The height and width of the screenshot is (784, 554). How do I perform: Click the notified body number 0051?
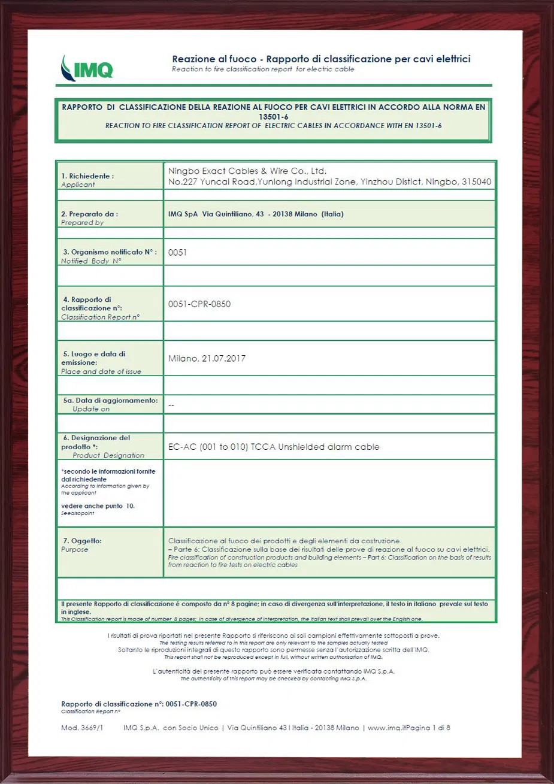click(177, 253)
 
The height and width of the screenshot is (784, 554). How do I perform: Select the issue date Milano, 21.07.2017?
click(207, 359)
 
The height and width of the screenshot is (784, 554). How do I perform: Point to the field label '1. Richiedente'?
click(87, 176)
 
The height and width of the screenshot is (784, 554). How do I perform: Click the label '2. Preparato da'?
click(89, 214)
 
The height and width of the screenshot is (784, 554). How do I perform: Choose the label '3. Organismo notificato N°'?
click(110, 252)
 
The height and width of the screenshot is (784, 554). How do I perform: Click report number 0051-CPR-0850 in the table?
click(199, 304)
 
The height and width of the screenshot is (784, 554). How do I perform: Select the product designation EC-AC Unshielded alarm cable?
click(274, 447)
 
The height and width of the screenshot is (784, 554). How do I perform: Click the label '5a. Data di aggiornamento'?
click(111, 400)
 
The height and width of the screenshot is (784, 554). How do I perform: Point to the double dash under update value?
click(171, 405)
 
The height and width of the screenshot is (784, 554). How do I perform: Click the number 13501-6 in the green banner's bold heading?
click(274, 117)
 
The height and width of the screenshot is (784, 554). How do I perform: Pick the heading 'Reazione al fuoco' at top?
click(214, 59)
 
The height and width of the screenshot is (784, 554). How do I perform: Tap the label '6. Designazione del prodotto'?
click(96, 442)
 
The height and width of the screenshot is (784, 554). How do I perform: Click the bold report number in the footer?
click(191, 704)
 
